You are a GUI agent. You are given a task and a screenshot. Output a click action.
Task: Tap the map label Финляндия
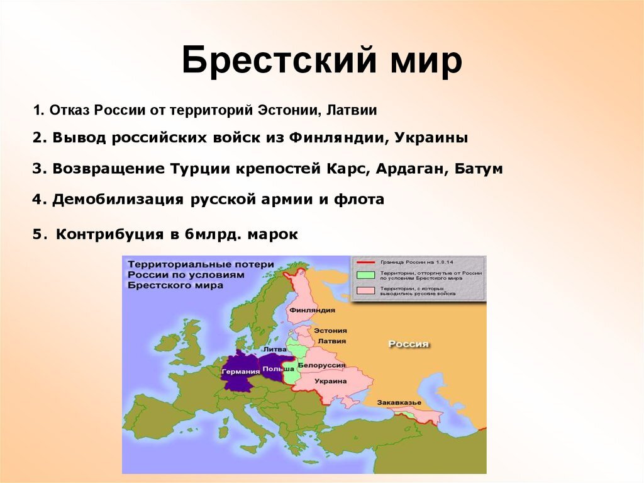pos(312,310)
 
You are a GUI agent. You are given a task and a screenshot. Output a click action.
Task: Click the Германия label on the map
pos(240,371)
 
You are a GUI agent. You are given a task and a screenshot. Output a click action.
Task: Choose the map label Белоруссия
pos(321,365)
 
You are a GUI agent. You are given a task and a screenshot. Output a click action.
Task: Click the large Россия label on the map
pos(408,344)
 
